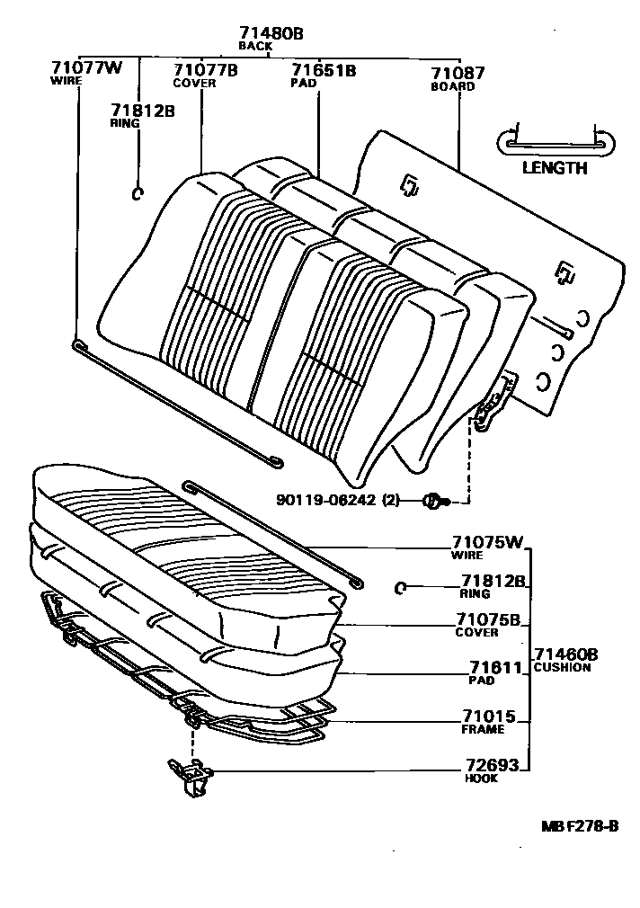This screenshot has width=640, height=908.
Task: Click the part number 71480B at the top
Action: pyautogui.click(x=271, y=33)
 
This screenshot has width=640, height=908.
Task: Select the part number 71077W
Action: pyautogui.click(x=86, y=69)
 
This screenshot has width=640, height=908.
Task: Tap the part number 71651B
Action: pyautogui.click(x=324, y=69)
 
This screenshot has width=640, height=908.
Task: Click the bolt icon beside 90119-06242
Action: pyautogui.click(x=432, y=500)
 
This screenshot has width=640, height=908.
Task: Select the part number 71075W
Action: pyautogui.click(x=486, y=543)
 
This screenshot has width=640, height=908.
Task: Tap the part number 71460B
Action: pyautogui.click(x=565, y=654)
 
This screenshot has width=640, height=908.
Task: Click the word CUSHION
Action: pyautogui.click(x=562, y=668)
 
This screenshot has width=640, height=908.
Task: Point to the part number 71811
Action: pyautogui.click(x=493, y=668)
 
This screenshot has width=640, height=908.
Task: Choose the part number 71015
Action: pyautogui.click(x=489, y=717)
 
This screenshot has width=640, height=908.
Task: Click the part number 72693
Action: pyautogui.click(x=492, y=766)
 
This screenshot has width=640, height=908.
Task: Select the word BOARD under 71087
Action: pyautogui.click(x=453, y=87)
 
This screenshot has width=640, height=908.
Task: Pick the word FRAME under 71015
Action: pyautogui.click(x=483, y=730)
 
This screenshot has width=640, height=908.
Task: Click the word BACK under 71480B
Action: pyautogui.click(x=255, y=46)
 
